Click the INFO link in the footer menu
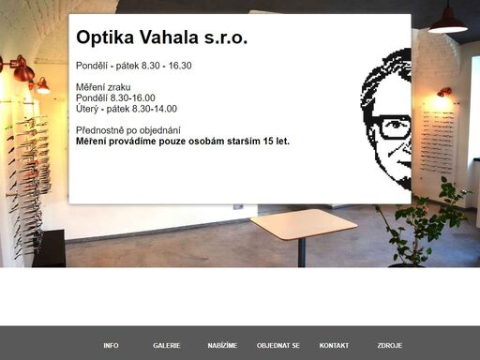[111, 345]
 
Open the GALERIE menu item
[167, 345]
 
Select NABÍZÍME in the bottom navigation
[222, 345]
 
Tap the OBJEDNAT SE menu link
[278, 345]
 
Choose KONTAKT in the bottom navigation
[334, 345]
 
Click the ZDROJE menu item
[389, 345]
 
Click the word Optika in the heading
[107, 38]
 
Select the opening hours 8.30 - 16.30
[166, 66]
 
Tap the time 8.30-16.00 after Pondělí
[133, 97]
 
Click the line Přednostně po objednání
[127, 129]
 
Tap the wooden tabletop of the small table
[303, 223]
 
